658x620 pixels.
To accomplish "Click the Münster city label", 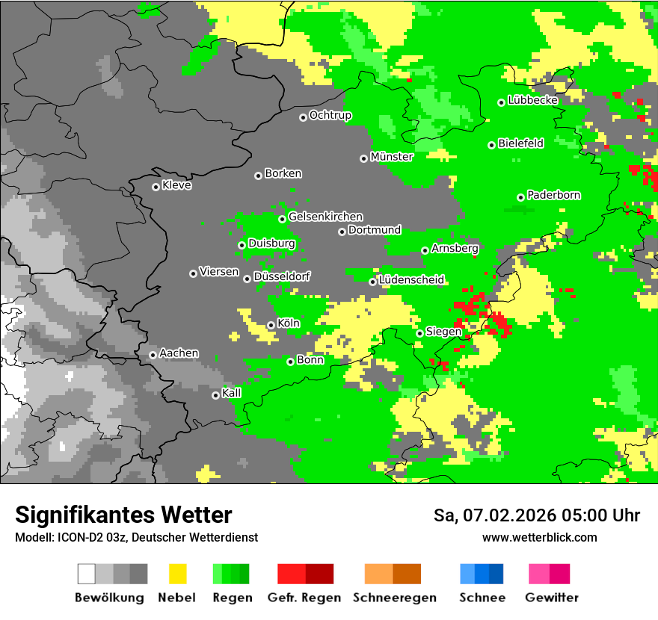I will pyautogui.click(x=391, y=157).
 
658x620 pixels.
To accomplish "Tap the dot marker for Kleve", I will pyautogui.click(x=156, y=187).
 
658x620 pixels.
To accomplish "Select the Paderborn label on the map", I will pyautogui.click(x=553, y=195).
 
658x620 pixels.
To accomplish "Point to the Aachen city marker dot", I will pyautogui.click(x=153, y=355).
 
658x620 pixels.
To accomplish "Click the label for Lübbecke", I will pyautogui.click(x=532, y=100).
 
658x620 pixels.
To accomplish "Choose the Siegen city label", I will pyautogui.click(x=443, y=332).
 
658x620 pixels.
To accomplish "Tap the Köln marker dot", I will pyautogui.click(x=271, y=325).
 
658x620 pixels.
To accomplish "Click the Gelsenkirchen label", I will pyautogui.click(x=325, y=217).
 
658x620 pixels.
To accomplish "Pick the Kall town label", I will pyautogui.click(x=232, y=393).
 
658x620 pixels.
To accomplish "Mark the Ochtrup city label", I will pyautogui.click(x=330, y=115).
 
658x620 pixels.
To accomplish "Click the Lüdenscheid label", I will pyautogui.click(x=411, y=280).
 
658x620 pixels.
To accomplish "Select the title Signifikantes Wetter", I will pyautogui.click(x=123, y=515).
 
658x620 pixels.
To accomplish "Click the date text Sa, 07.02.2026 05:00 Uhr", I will pyautogui.click(x=537, y=515).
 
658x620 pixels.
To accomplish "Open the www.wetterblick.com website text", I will pyautogui.click(x=540, y=537).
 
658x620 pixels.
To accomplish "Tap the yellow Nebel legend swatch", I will pyautogui.click(x=178, y=574).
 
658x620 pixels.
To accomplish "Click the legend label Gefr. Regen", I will pyautogui.click(x=304, y=598).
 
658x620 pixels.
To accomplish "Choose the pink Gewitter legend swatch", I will pyautogui.click(x=549, y=574).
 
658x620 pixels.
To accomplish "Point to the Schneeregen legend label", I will pyautogui.click(x=394, y=598).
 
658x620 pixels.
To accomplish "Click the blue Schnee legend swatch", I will pyautogui.click(x=482, y=574).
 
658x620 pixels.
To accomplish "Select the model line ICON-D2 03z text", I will pyautogui.click(x=136, y=537).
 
